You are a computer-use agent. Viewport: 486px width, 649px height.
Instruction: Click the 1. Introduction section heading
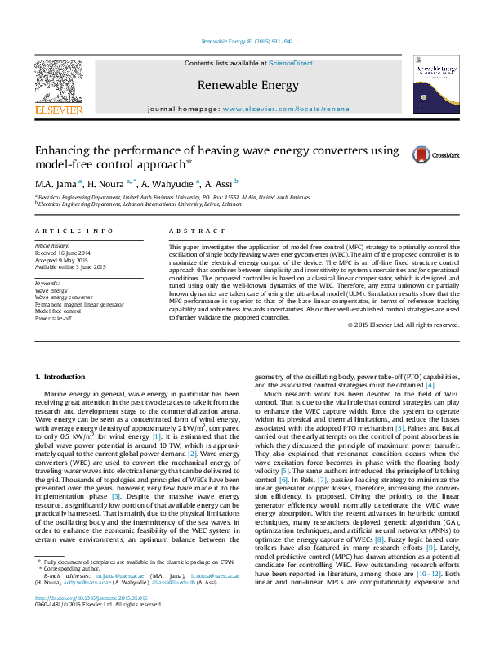pos(61,377)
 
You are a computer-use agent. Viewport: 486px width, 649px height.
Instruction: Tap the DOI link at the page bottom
pos(86,620)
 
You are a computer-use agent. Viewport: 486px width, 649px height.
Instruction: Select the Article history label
pos(52,246)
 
